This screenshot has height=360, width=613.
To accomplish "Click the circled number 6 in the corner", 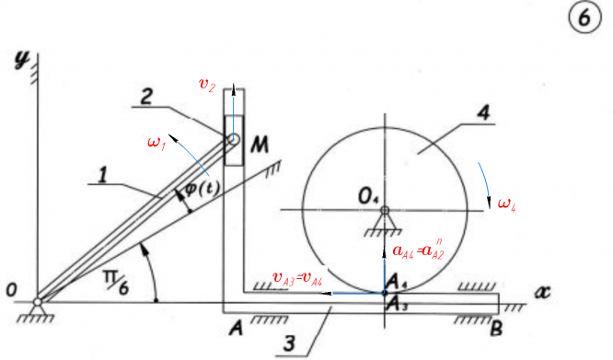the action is pos(584,18).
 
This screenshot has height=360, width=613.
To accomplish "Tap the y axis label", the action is pos(22,60).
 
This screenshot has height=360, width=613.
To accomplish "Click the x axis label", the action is pos(542,292).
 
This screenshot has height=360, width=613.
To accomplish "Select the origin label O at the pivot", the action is pos(11,290).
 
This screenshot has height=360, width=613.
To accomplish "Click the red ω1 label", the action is pos(156,143).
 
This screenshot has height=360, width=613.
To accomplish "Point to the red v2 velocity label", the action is pos(207,84).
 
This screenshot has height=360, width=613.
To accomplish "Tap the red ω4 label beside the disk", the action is pos(506,204).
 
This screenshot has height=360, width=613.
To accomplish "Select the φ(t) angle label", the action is pos(202,189).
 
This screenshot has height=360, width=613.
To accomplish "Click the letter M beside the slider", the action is pos(260,145).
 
